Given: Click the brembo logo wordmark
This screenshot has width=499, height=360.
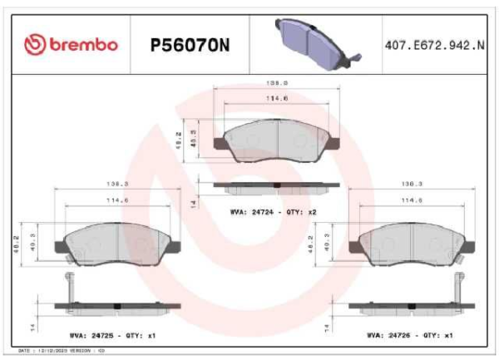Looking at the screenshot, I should tap(72, 44).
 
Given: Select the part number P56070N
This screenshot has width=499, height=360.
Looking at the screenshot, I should tap(190, 44).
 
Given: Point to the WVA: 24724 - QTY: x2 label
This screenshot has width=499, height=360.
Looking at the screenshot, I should tap(274, 213).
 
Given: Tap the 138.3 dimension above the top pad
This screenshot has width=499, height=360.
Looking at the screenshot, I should tap(277, 82).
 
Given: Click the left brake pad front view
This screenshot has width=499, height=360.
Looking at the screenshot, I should tap(116, 242).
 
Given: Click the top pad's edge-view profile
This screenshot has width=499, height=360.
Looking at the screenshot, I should tap(276, 185).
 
